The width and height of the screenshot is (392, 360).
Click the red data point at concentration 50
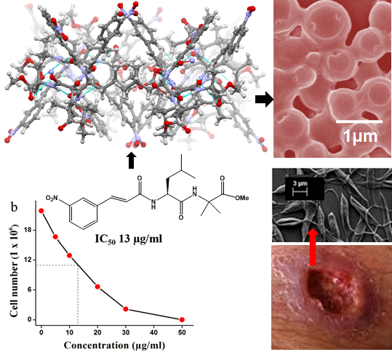coord(182,319)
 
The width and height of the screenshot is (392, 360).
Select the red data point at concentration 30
coord(126,309)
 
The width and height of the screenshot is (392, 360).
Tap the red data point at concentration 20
coord(97,287)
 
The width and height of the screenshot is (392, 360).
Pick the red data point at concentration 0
coord(41,211)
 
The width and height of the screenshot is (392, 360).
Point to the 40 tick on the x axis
coord(153,332)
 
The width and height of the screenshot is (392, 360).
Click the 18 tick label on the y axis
coord(31,230)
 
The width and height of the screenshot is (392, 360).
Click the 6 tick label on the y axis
coord(31,289)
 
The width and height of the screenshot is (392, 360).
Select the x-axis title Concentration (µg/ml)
coord(114,345)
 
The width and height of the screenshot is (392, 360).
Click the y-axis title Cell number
coord(15,271)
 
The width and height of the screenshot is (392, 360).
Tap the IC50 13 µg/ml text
coord(129,239)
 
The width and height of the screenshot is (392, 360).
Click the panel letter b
coord(15,207)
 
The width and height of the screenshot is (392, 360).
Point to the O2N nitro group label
coord(52,199)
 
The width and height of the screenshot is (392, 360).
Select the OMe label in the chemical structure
coord(241,198)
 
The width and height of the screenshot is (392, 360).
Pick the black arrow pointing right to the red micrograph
coord(264,100)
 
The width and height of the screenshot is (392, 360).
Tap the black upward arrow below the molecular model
coord(131,161)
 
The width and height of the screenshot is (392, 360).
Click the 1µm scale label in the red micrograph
coord(360,137)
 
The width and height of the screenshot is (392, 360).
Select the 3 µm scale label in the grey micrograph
coord(300,183)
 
